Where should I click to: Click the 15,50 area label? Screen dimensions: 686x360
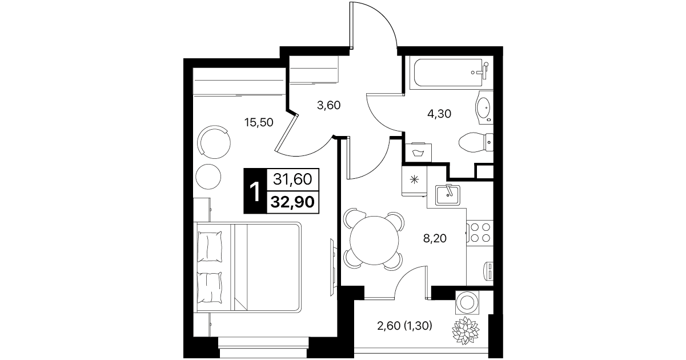(259, 122)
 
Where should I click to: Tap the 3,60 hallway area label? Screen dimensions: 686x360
(328, 105)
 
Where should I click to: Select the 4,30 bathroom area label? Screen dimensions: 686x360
(439, 114)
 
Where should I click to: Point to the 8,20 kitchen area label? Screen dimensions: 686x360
(435, 238)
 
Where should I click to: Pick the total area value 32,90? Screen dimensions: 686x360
(293, 202)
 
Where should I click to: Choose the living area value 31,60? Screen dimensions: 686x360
(292, 179)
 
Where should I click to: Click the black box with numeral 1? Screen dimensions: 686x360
(255, 190)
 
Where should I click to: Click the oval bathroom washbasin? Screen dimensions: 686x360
(484, 107)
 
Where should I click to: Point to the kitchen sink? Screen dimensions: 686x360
(447, 195)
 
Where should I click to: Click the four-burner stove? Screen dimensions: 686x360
(480, 233)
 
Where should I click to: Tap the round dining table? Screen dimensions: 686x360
(374, 240)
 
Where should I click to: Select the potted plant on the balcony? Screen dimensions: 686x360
(466, 330)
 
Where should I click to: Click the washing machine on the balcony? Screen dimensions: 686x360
(467, 302)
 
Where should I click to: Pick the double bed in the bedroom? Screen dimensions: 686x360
(248, 267)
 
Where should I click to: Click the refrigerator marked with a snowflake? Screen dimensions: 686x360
(414, 181)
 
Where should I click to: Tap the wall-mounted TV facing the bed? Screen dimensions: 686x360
(333, 267)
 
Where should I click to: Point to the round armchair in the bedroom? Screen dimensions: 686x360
(214, 142)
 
